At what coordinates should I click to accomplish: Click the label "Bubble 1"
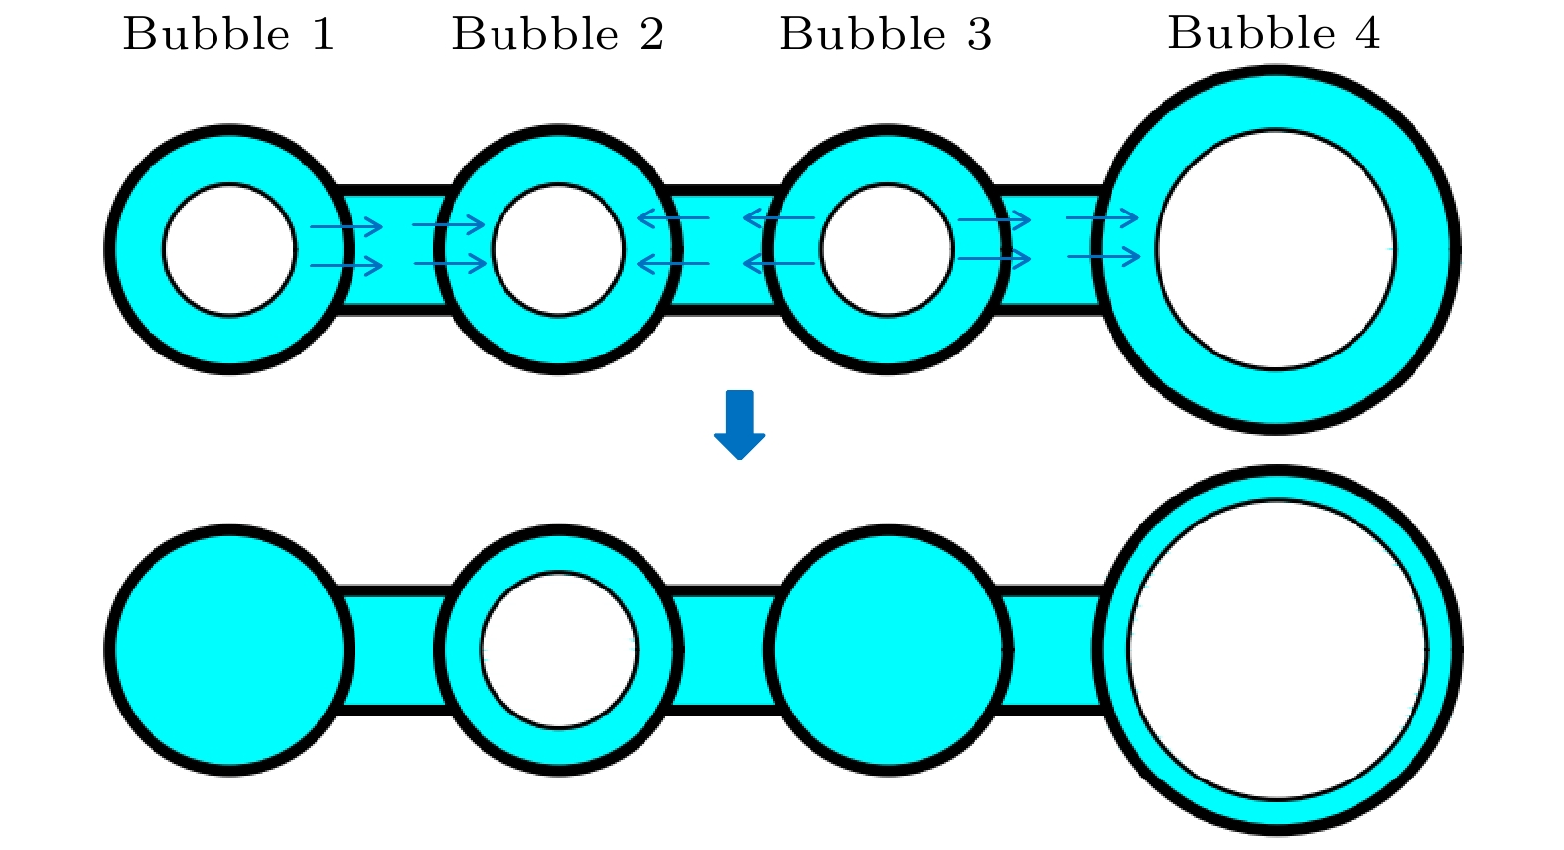[228, 35]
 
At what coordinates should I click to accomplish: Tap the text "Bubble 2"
[557, 35]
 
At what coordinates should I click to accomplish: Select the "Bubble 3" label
[885, 35]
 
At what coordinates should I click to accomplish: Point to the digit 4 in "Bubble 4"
[1367, 34]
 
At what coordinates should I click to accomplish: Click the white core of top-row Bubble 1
[229, 249]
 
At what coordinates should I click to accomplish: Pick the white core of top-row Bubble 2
[558, 249]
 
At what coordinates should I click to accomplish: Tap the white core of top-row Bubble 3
[887, 249]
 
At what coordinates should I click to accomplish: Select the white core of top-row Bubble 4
[1276, 249]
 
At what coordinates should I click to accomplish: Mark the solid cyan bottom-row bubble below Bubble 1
[229, 649]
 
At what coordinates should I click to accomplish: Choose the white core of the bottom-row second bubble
[559, 649]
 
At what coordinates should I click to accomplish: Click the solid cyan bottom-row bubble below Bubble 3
[888, 649]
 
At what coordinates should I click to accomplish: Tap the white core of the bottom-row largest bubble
[1277, 649]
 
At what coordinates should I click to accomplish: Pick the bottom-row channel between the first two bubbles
[394, 650]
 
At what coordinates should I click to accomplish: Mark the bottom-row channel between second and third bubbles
[723, 650]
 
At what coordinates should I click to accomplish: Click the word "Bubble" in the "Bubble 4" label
[1251, 34]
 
